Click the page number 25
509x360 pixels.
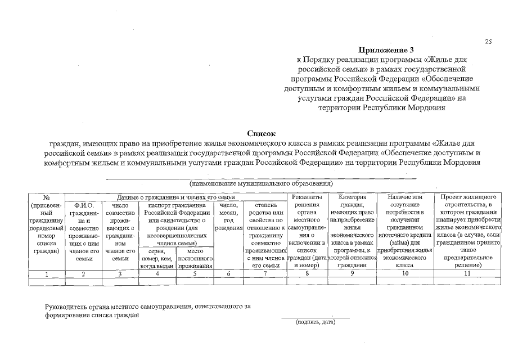coord(488,42)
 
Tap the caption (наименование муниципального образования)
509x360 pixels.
coord(261,183)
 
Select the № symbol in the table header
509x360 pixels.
coord(47,197)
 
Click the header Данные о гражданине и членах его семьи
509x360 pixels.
coord(175,197)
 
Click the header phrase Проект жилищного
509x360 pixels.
coord(469,197)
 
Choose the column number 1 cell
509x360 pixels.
coord(47,274)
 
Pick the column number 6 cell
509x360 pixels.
coord(228,274)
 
